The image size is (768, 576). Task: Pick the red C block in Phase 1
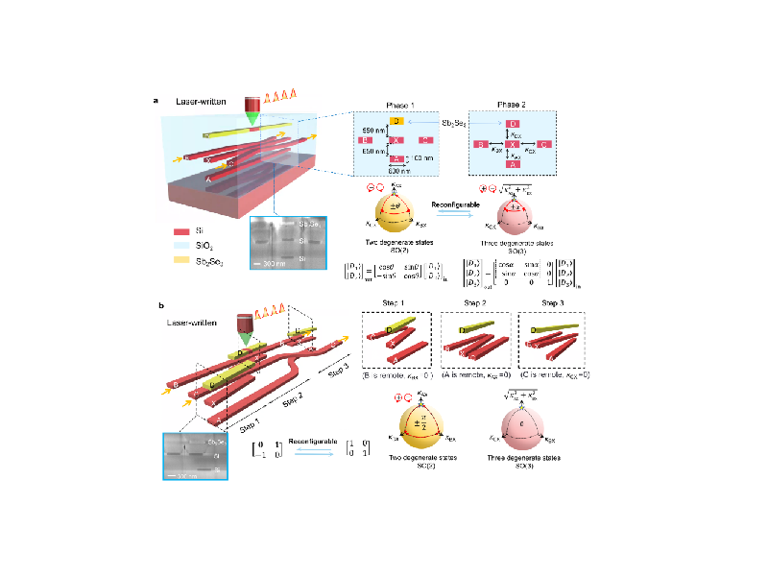(424, 140)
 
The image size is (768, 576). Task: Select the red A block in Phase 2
(513, 164)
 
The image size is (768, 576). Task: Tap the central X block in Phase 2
(513, 144)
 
